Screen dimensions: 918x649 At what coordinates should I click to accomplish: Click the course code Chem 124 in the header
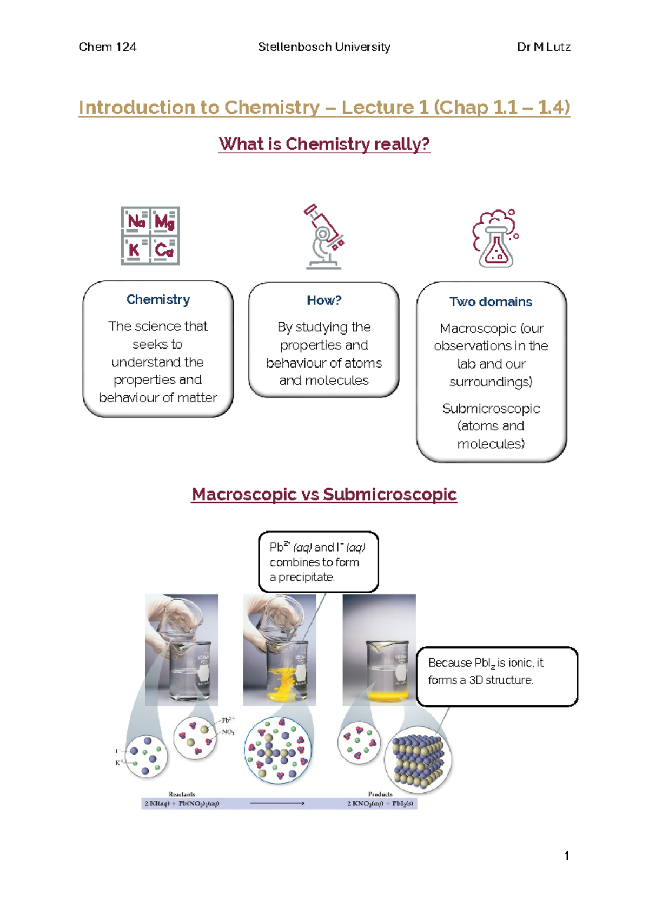point(107,47)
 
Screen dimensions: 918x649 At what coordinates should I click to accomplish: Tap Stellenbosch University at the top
point(324,47)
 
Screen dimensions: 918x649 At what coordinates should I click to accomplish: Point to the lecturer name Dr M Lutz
point(543,47)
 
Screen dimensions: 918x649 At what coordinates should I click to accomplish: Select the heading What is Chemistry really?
point(324,144)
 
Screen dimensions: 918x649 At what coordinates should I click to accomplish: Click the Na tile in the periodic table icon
point(136,221)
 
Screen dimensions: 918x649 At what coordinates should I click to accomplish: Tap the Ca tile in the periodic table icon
point(164,250)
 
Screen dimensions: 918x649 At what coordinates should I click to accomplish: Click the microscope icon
point(324,237)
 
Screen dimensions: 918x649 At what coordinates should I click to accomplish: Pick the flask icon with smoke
point(495,239)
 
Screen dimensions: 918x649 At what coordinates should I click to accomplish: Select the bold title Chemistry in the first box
point(158,299)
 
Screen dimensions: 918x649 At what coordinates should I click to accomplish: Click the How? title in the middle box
point(324,300)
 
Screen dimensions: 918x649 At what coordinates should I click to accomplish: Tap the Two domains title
point(491,301)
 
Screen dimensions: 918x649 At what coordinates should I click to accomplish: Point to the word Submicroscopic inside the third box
point(491,408)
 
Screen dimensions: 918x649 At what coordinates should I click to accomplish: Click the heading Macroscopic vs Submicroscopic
point(324,494)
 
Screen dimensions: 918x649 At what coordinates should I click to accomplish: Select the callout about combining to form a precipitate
point(318,562)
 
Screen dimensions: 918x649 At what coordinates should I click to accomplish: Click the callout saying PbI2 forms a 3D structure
point(496,676)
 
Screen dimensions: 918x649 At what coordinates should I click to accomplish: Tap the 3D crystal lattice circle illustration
point(418,759)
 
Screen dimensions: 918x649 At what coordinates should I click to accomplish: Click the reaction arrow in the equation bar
point(277,803)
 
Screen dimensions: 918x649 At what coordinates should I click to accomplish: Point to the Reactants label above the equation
point(182,794)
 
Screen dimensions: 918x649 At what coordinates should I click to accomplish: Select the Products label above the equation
point(380,794)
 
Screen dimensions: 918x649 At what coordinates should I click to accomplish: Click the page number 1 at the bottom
point(566,856)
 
